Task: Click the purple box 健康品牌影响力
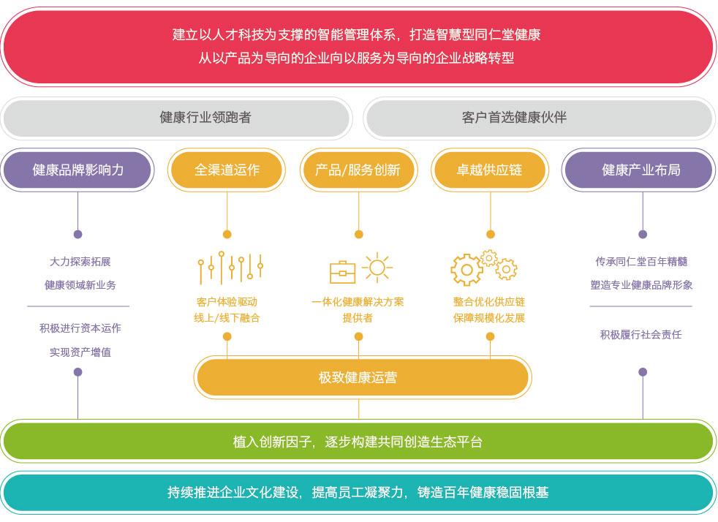78,170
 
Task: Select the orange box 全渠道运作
227,170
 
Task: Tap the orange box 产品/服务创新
358,170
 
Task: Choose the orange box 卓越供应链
490,170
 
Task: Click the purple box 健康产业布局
640,170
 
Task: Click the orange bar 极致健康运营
363,377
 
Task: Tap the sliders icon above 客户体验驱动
230,268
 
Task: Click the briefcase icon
342,273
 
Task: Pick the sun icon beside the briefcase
377,268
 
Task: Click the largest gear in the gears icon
466,270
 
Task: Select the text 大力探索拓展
80,262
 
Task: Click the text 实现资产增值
80,352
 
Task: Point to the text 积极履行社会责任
641,335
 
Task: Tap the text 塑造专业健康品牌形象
641,285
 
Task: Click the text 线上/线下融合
227,318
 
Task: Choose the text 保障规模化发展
489,318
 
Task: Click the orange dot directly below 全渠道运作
227,235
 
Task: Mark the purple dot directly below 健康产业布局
643,235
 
